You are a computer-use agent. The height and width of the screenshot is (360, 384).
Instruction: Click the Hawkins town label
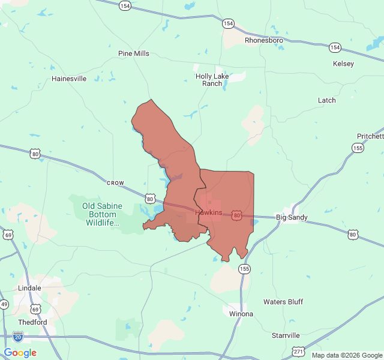tap(208, 212)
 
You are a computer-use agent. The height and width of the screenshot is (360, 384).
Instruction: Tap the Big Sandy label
tap(292, 217)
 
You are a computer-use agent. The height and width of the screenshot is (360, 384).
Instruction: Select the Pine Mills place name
tap(134, 53)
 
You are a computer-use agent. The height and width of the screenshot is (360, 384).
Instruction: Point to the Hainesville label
tap(69, 79)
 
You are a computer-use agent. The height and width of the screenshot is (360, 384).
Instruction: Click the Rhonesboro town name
tap(263, 40)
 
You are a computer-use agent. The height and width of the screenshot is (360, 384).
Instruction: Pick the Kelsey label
tap(343, 64)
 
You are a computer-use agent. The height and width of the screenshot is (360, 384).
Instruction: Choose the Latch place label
tap(327, 100)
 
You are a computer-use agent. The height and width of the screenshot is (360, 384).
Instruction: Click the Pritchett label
tap(370, 137)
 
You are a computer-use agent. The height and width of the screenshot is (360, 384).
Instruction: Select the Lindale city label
tap(30, 288)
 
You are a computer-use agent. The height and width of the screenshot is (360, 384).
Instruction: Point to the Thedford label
tap(32, 322)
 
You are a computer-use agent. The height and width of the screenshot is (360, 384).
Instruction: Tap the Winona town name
tap(241, 314)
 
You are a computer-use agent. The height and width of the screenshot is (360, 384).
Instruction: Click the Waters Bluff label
tap(283, 302)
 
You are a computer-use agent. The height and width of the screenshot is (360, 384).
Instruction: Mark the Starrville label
tap(285, 335)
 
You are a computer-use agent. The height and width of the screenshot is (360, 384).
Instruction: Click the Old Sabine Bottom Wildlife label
tap(102, 214)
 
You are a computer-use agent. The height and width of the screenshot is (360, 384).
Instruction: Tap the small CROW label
tap(115, 182)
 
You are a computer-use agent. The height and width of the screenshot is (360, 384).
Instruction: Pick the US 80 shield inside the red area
tap(237, 215)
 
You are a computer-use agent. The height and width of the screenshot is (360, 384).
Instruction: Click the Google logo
tap(20, 353)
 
